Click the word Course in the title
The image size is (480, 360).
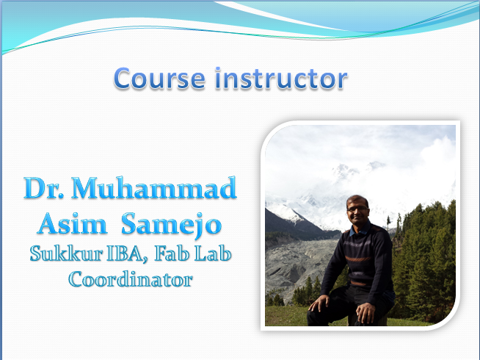pyautogui.click(x=159, y=79)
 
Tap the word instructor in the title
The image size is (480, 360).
pyautogui.click(x=281, y=78)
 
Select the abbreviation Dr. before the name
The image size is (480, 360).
pyautogui.click(x=44, y=187)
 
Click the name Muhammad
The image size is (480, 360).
pyautogui.click(x=154, y=187)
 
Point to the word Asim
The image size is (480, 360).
pyautogui.click(x=73, y=223)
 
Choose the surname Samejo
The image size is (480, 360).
pyautogui.click(x=172, y=225)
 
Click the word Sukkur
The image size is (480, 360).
pyautogui.click(x=66, y=253)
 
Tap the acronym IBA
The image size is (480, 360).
pyautogui.click(x=124, y=253)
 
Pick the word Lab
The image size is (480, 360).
pyautogui.click(x=213, y=253)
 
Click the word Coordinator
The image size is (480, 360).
pyautogui.click(x=131, y=278)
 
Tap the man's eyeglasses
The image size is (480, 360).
pyautogui.click(x=357, y=209)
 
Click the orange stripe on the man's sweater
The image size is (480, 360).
pyautogui.click(x=358, y=259)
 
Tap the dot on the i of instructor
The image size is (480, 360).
pyautogui.click(x=218, y=69)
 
